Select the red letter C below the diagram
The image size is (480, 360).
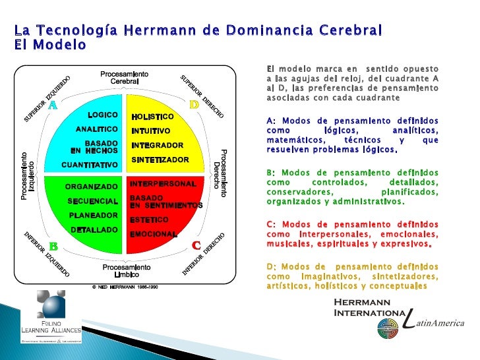click(x=196, y=245)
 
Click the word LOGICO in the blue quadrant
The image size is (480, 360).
click(x=102, y=115)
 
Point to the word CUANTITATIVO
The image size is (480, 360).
click(x=90, y=164)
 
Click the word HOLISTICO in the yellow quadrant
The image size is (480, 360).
click(x=152, y=117)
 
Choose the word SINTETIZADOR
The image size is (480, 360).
click(x=160, y=160)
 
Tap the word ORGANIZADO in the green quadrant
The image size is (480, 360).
click(x=92, y=187)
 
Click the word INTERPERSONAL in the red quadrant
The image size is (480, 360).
click(x=163, y=183)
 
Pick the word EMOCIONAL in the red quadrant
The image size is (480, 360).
click(x=154, y=234)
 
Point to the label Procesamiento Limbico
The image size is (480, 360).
click(x=127, y=271)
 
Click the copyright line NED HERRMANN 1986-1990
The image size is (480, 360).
click(x=125, y=287)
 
